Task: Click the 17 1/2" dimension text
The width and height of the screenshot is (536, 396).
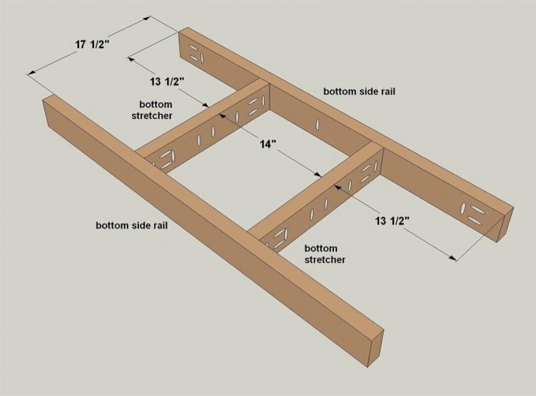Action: pos(92,44)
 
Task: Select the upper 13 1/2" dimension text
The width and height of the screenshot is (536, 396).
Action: pos(167,82)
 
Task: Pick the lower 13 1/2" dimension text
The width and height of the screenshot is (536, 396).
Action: pos(392,221)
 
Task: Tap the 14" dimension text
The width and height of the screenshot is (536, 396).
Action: pos(268,144)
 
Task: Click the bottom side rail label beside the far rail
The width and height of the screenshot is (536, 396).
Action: pos(359,92)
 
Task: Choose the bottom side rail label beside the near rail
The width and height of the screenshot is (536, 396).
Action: pos(131,225)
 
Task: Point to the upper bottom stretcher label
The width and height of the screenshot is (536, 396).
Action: pos(152,109)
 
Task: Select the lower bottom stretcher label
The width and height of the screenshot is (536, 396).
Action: pos(325,254)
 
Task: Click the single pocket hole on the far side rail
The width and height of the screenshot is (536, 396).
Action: pos(318,124)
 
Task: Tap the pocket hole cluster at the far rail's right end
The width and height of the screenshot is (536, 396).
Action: pos(473,213)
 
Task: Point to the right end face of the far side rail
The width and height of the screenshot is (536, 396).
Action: pos(505,224)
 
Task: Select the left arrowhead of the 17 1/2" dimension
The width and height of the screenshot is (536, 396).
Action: pos(30,72)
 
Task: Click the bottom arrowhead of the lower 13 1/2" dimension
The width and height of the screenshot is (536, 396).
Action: pos(453,258)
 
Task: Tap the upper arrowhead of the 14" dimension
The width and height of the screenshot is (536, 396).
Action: pos(222,115)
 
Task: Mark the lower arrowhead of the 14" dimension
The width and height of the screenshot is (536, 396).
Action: pos(318,175)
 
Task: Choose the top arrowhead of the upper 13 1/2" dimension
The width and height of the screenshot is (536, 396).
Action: pos(131,59)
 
